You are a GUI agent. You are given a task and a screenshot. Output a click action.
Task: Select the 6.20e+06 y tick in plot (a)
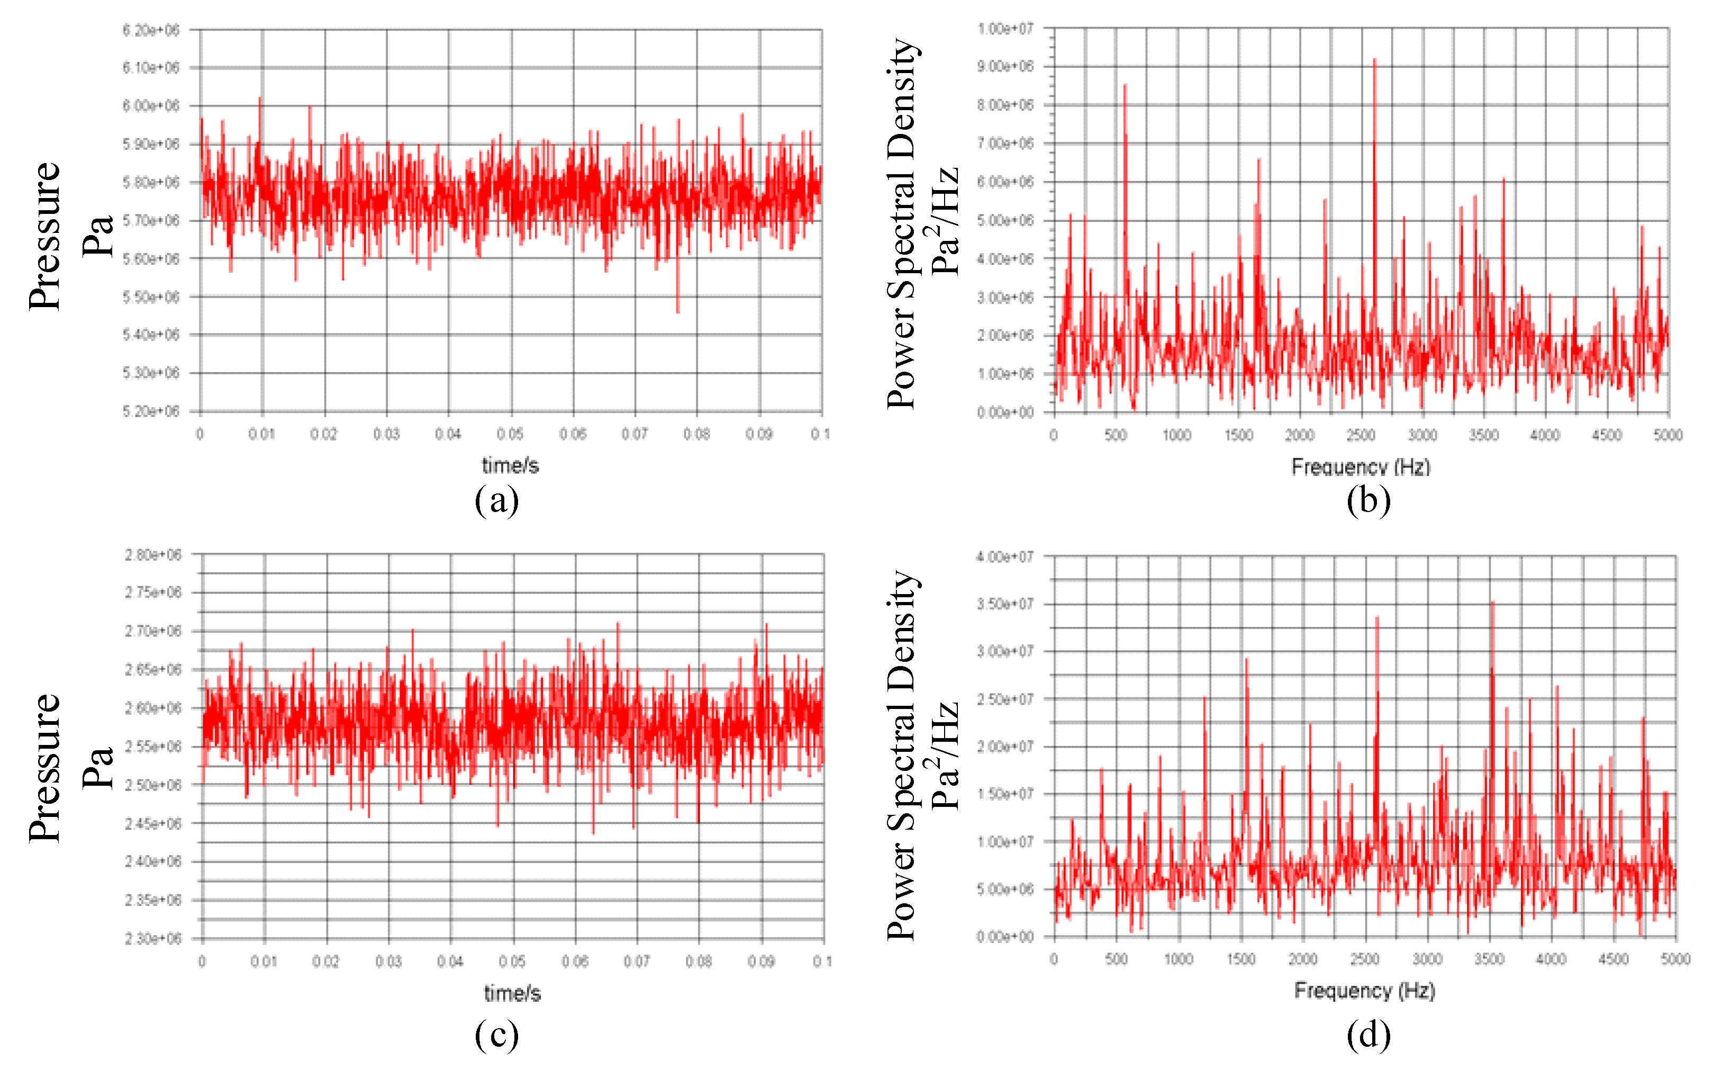tap(151, 30)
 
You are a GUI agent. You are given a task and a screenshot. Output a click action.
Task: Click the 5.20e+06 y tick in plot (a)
tap(151, 411)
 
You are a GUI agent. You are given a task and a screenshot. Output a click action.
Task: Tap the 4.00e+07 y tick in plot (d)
tap(1005, 557)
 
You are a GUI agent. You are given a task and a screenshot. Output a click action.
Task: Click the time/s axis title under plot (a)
tap(510, 465)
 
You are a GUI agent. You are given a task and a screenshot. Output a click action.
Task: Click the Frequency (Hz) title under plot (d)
tap(1364, 991)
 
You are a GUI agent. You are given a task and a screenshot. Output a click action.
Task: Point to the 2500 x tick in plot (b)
tap(1361, 435)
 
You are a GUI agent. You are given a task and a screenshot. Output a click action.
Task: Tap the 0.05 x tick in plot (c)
tap(512, 962)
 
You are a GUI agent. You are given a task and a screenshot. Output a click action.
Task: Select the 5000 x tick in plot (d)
tap(1675, 959)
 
